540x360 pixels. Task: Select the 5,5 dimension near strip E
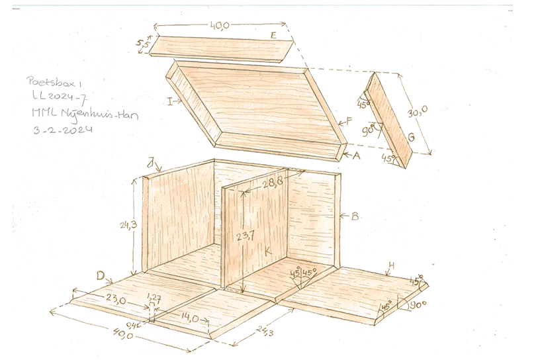(142, 44)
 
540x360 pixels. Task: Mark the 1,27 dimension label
(153, 296)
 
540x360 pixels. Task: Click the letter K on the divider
(267, 252)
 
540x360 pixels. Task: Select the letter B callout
(354, 216)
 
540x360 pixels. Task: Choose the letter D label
(101, 275)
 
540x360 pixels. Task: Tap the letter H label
(391, 265)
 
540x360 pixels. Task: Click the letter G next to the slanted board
(411, 137)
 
